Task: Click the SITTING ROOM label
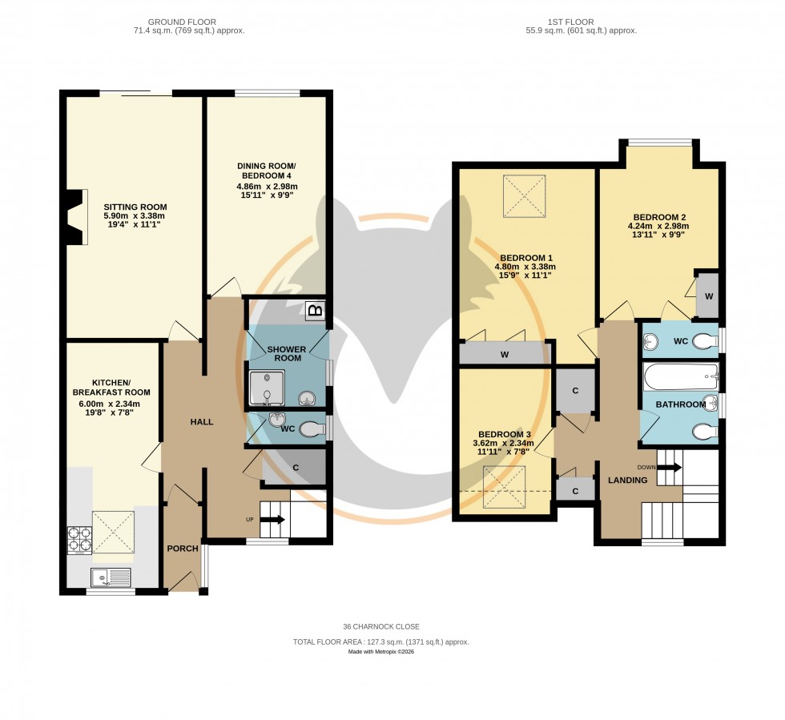click(x=135, y=207)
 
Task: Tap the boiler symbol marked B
click(x=316, y=310)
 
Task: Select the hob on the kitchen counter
click(x=80, y=538)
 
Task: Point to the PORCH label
click(x=182, y=549)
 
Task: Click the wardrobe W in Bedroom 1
click(x=505, y=353)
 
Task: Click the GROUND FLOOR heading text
click(x=189, y=21)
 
